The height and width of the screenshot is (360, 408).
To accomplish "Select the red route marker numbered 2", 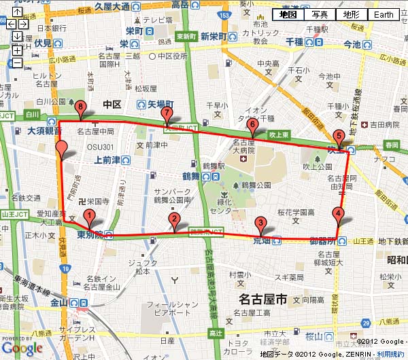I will pyautogui.click(x=175, y=219).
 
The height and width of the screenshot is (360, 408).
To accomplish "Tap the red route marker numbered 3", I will pyautogui.click(x=260, y=222).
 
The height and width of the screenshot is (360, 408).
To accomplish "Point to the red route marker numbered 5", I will pyautogui.click(x=339, y=135).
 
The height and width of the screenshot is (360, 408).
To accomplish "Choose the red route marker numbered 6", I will pyautogui.click(x=252, y=125).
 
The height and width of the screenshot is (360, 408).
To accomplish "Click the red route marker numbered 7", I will pyautogui.click(x=166, y=113).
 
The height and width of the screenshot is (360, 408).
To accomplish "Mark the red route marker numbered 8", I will pyautogui.click(x=82, y=107).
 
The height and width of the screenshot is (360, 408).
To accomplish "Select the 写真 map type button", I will pyautogui.click(x=320, y=15).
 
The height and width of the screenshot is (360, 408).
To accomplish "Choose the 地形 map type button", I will pyautogui.click(x=352, y=15).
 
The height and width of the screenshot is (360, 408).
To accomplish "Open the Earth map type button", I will pyautogui.click(x=384, y=15).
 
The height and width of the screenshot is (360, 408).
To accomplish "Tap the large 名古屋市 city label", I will pyautogui.click(x=260, y=298).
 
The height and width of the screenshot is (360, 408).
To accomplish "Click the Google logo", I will pyautogui.click(x=22, y=348).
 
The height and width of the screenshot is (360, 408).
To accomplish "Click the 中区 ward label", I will pyautogui.click(x=112, y=104).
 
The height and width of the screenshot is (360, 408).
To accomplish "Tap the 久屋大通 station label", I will pyautogui.click(x=112, y=5).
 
